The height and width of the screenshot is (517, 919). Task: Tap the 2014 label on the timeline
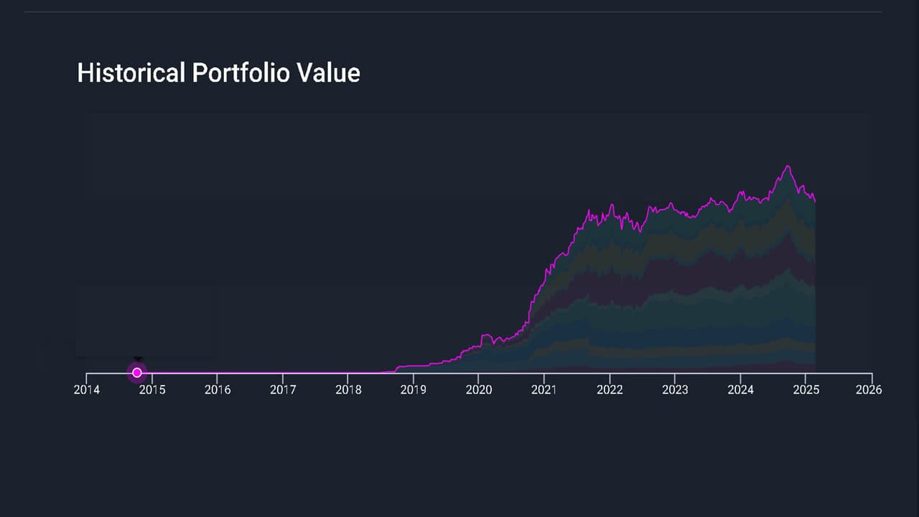click(x=86, y=390)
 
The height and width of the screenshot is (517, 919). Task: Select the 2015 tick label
click(x=151, y=390)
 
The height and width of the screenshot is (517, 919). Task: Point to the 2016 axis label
click(x=218, y=390)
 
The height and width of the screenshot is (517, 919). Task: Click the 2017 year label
click(x=283, y=390)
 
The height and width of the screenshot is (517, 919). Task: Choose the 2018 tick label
click(x=348, y=390)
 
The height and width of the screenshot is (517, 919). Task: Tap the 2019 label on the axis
click(x=414, y=390)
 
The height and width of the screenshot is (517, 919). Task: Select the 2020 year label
click(x=479, y=390)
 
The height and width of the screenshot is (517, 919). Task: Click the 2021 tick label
click(x=544, y=390)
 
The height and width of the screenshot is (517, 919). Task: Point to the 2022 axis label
click(x=610, y=390)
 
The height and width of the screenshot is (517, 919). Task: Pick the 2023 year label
click(x=675, y=390)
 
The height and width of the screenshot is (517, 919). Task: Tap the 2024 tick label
click(x=740, y=390)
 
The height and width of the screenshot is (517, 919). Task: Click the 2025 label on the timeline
click(x=806, y=390)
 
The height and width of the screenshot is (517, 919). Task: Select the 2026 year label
click(x=869, y=390)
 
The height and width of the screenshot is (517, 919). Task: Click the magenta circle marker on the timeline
click(x=137, y=373)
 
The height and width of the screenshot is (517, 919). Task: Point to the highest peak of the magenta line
click(x=788, y=166)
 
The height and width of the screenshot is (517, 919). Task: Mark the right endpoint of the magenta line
click(x=815, y=202)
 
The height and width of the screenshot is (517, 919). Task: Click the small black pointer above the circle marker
click(x=138, y=358)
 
